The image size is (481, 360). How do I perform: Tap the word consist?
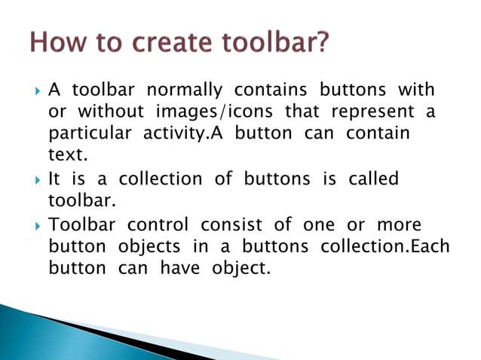click(231, 224)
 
